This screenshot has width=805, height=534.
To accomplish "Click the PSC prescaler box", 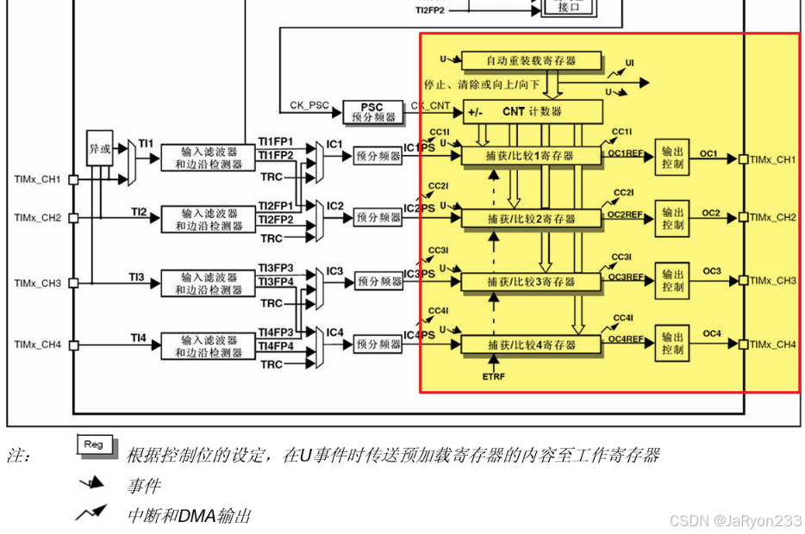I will [371, 112].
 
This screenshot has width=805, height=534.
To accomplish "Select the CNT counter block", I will [532, 111].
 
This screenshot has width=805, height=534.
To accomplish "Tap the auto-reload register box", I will [531, 60].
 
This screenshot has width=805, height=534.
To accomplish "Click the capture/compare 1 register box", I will [531, 156].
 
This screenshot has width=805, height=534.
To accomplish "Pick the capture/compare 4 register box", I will [531, 345].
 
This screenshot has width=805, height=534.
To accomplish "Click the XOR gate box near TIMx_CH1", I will [100, 148].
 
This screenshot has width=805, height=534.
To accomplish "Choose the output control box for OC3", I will [672, 281].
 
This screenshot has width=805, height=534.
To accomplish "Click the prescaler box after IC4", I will [378, 344].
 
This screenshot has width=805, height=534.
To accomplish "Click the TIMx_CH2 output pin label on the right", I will [773, 217].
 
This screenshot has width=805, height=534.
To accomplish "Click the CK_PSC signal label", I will [309, 106].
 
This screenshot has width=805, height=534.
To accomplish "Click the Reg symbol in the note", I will [94, 444].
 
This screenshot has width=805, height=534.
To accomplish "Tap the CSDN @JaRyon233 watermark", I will [735, 520].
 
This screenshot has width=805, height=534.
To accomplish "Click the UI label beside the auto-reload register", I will [629, 64].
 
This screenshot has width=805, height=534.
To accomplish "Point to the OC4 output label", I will [710, 333].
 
